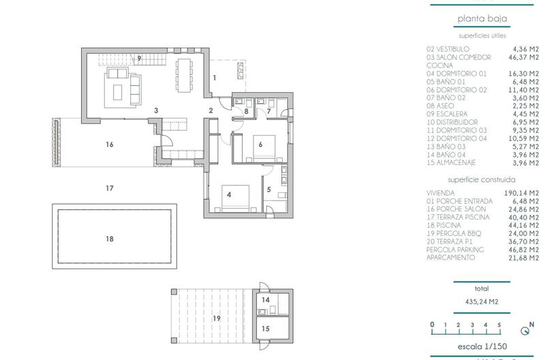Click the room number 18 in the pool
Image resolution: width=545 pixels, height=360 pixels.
point(109,239)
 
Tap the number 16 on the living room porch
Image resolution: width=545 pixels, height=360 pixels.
point(109,145)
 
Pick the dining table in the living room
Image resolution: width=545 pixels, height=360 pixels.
point(185,70)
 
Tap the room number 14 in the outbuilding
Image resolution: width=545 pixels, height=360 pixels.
point(266,300)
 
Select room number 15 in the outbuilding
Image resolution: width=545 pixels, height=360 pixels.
point(266,329)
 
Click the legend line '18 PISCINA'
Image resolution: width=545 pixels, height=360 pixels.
point(443,225)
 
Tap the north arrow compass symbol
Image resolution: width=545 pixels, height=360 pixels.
point(524,332)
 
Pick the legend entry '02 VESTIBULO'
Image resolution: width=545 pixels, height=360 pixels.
point(448,50)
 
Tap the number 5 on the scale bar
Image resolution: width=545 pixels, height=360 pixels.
point(499,325)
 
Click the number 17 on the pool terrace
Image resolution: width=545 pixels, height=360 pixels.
point(109,188)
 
